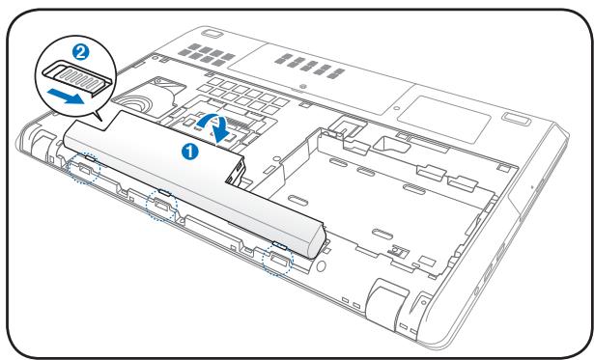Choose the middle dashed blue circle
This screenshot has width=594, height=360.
[159, 204]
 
